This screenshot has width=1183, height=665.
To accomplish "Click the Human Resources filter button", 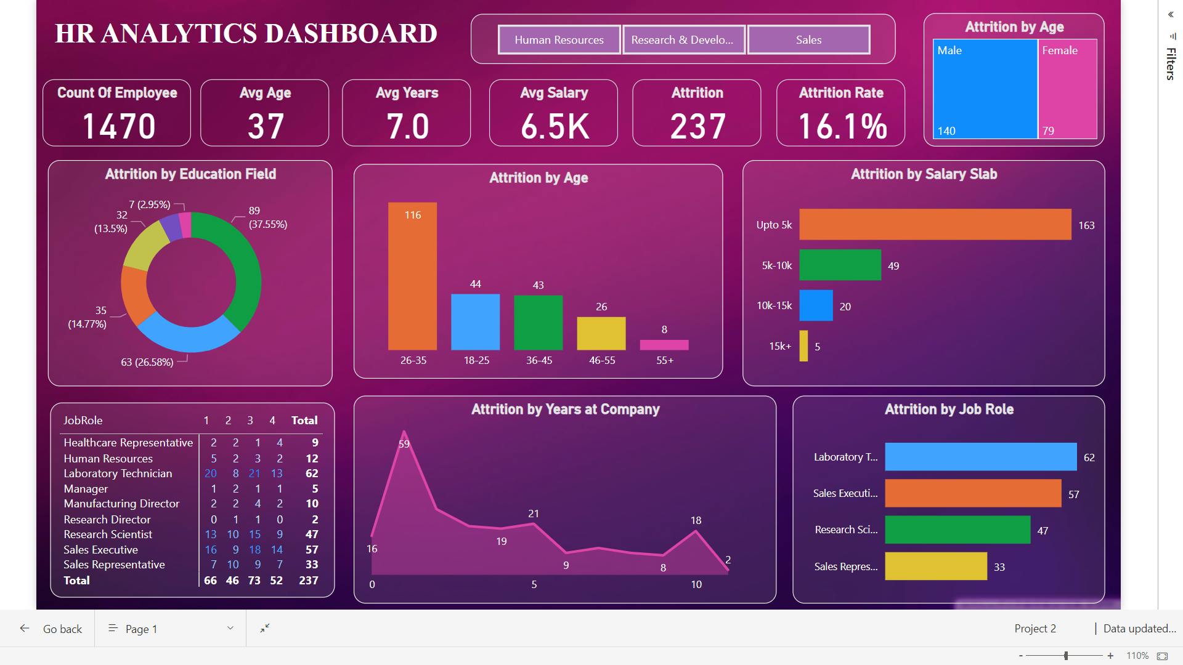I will click(559, 40).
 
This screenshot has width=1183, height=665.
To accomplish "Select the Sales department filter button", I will click(808, 40).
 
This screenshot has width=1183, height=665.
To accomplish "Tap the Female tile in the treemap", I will click(1067, 89).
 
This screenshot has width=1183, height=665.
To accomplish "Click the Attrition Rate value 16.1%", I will click(842, 126).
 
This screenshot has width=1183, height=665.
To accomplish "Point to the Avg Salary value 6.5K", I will click(555, 126).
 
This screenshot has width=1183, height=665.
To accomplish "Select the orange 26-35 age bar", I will click(412, 277).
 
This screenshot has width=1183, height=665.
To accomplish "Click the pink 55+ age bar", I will click(664, 345).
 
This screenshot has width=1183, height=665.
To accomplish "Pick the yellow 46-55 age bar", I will click(601, 333).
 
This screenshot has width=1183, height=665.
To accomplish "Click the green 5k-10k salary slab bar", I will click(840, 265).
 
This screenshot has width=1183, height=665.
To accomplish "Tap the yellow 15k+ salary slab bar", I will click(803, 346).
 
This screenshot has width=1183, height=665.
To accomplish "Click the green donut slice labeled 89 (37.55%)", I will click(243, 265).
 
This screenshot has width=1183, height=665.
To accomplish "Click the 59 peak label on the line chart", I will click(404, 444).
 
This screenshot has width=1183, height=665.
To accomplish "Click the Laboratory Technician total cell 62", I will click(312, 474).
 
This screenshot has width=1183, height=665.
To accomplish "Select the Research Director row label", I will click(107, 519).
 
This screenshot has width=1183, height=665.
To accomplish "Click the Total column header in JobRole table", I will click(304, 421).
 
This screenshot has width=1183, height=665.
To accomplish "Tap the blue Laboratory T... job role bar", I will click(980, 457).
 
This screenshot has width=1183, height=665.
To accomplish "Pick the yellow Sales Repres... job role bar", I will click(935, 566).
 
